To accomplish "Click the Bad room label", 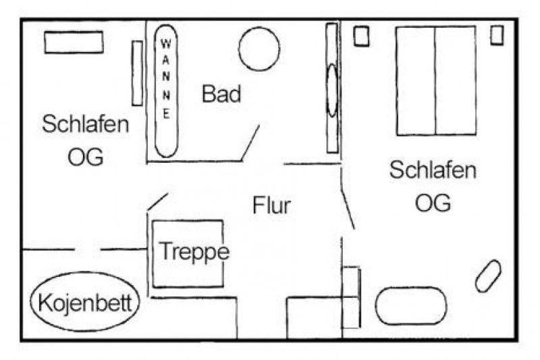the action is coord(221,93).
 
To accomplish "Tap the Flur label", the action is coord(272,205).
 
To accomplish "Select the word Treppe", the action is coord(194,252).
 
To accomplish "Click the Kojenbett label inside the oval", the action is coord(85,303).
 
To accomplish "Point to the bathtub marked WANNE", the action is coord(166,91).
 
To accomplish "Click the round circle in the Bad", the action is coord(259,49).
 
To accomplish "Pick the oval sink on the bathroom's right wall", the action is coord(332,91).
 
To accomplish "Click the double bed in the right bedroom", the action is coord(436,80).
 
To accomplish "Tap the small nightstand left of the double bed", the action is coord(362,36).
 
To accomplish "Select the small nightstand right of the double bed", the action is coord(497,35).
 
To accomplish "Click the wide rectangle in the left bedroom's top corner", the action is coord(74,43).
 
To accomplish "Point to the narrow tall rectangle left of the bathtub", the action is coord(138,73).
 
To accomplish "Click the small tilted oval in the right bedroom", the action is coord(488,276).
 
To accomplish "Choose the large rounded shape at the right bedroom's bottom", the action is coord(411,306).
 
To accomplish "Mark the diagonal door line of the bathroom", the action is coord(250,143).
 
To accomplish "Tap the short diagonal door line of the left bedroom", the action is coord(158,201).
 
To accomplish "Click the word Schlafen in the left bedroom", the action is coord(86,124).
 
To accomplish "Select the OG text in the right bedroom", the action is coord(433,203).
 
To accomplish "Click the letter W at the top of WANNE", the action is coord(166,44).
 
